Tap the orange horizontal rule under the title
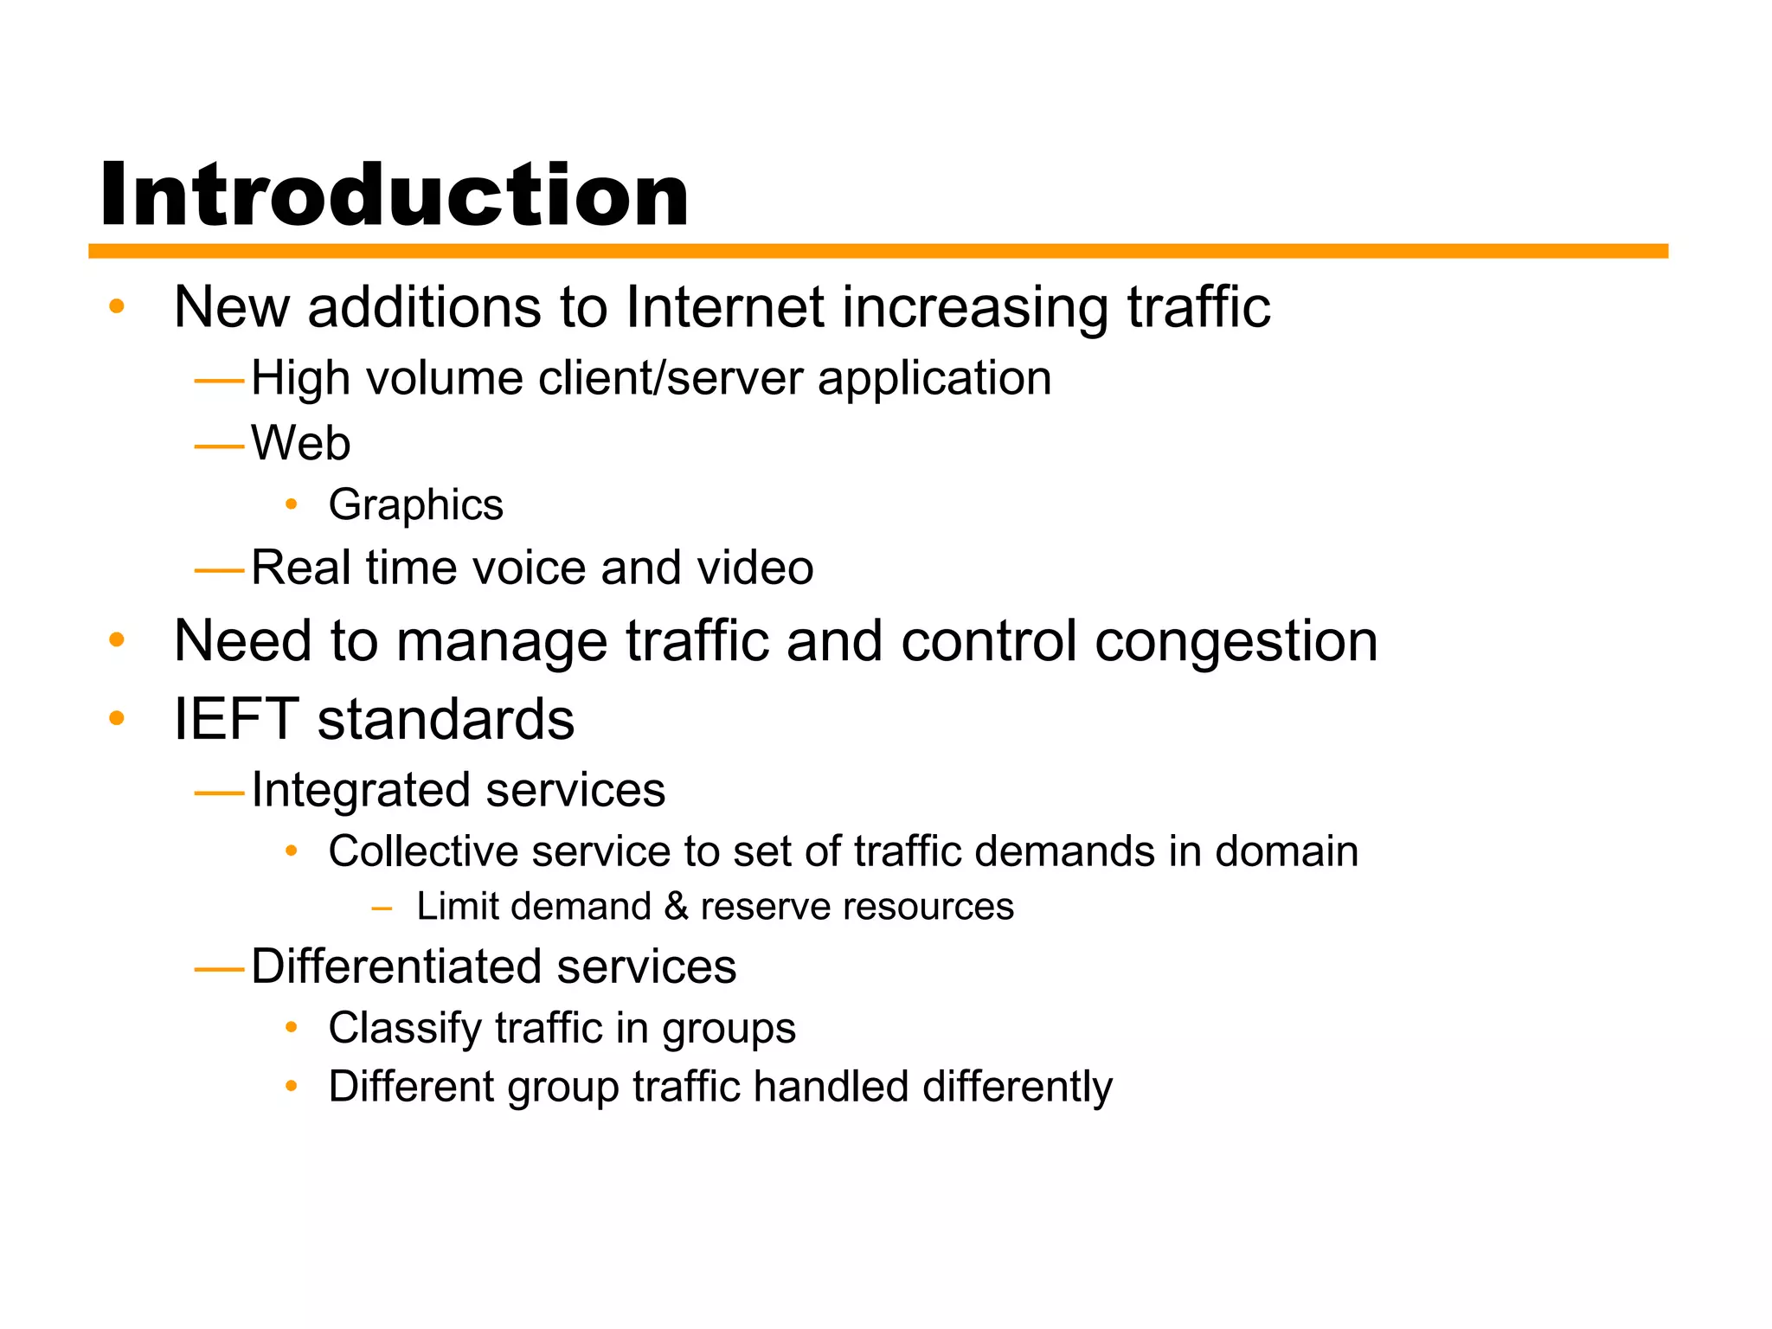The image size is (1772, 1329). (877, 251)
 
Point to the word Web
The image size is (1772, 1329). (300, 443)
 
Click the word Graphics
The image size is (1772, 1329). (415, 504)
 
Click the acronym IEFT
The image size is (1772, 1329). (236, 719)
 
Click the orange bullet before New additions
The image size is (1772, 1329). (117, 306)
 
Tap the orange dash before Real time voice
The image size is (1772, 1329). (220, 570)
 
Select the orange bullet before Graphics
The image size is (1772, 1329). (292, 504)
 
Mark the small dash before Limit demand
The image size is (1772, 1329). (381, 908)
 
